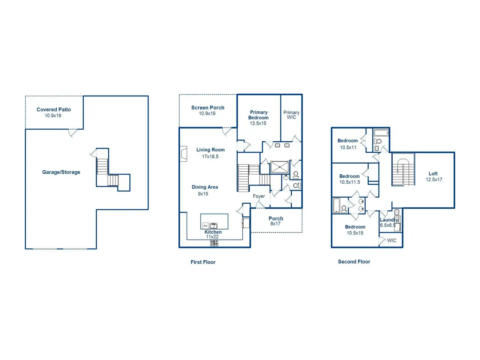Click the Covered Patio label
(54, 109)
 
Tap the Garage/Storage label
(61, 172)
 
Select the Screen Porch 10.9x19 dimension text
(207, 114)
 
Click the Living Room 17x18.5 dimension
(210, 156)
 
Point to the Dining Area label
(205, 187)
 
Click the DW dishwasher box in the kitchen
(205, 226)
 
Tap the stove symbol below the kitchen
(214, 243)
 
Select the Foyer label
(259, 196)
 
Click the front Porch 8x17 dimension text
(275, 223)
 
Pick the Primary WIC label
(291, 115)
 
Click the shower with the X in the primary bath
(280, 167)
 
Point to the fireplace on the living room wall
(183, 154)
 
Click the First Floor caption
(203, 262)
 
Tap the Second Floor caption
(354, 262)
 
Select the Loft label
(433, 174)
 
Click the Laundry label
(388, 220)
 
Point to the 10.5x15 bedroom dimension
(355, 233)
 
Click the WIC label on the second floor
(391, 240)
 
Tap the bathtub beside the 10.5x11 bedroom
(381, 133)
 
